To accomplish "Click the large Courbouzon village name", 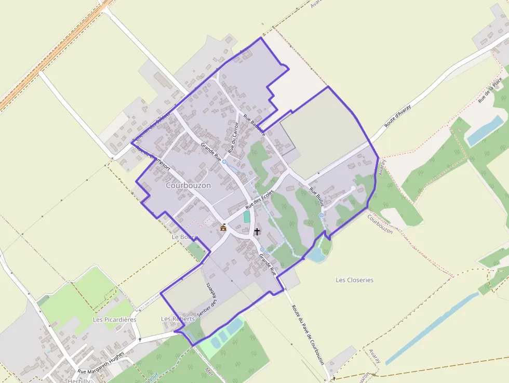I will click(189, 186).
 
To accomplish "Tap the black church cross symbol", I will click(257, 231).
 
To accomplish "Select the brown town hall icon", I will click(223, 227).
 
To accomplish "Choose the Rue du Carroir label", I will click(233, 136).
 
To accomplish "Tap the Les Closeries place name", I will click(355, 280).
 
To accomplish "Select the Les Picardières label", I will click(114, 320).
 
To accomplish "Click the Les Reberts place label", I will click(178, 319).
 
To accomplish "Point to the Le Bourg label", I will click(184, 237).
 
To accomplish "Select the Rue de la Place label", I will click(491, 89).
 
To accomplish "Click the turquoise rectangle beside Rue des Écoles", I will click(247, 217).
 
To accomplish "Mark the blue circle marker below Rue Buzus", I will click(321, 215).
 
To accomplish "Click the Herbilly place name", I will click(79, 380).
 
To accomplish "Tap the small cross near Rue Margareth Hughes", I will click(140, 339).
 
